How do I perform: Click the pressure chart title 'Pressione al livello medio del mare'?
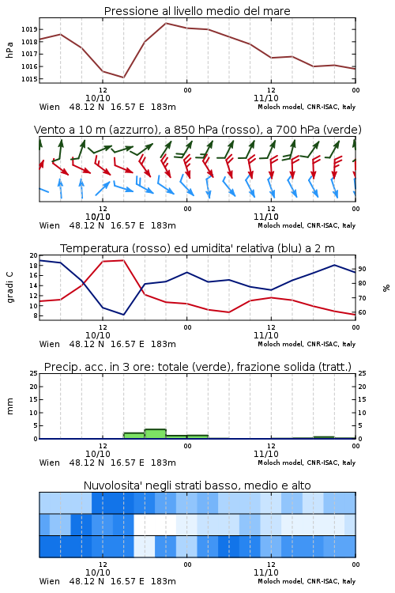coord(197,11)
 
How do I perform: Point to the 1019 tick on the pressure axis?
coord(29,29)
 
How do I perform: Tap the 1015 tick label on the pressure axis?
coord(29,79)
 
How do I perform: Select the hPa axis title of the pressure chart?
coord(9,50)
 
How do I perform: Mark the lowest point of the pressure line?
coord(123,77)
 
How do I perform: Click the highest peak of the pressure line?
coord(166,23)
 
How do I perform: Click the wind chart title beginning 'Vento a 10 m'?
coord(197,130)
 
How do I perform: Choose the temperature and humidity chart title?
coord(197,248)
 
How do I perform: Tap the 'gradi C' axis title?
coord(9,288)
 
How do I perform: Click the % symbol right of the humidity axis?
coord(386,288)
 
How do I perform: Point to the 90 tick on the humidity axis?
coord(362,269)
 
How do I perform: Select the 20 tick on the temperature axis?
coord(34,255)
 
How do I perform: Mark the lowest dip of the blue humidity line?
coord(123,315)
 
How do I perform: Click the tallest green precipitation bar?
coord(156,434)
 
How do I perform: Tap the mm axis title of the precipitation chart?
coord(9,406)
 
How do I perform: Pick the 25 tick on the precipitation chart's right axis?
coord(362,373)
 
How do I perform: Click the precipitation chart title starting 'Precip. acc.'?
coord(197,367)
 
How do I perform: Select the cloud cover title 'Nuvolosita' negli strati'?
coord(197,485)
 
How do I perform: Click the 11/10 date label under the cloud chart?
coord(266,572)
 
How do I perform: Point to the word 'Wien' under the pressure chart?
coord(50,107)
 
